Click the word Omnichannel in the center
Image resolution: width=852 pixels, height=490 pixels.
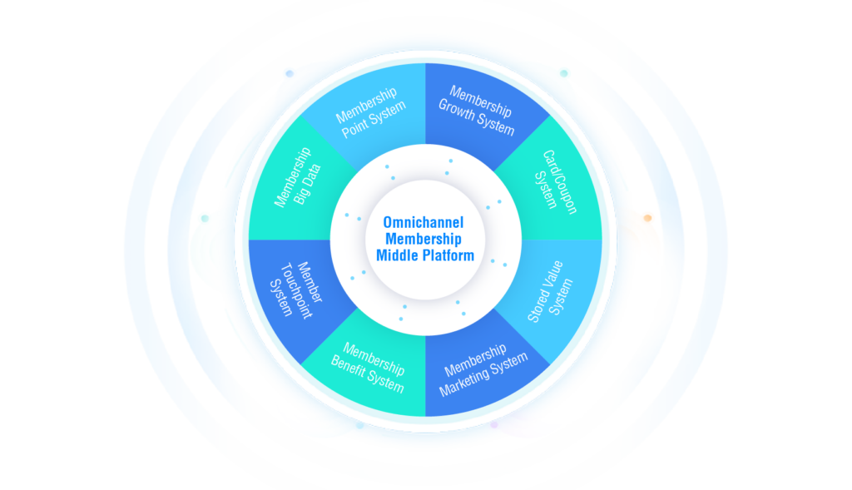pos(424,222)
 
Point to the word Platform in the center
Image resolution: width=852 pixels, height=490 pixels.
pos(448,255)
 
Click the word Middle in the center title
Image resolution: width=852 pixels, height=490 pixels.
pos(398,255)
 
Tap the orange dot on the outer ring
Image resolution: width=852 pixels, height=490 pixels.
pos(647,218)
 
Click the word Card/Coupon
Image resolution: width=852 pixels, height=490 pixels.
pos(560,182)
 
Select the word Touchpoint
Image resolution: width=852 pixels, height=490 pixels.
pos(296,290)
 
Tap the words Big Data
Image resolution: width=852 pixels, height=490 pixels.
pos(308,184)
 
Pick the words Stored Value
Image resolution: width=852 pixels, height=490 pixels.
pos(546,291)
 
